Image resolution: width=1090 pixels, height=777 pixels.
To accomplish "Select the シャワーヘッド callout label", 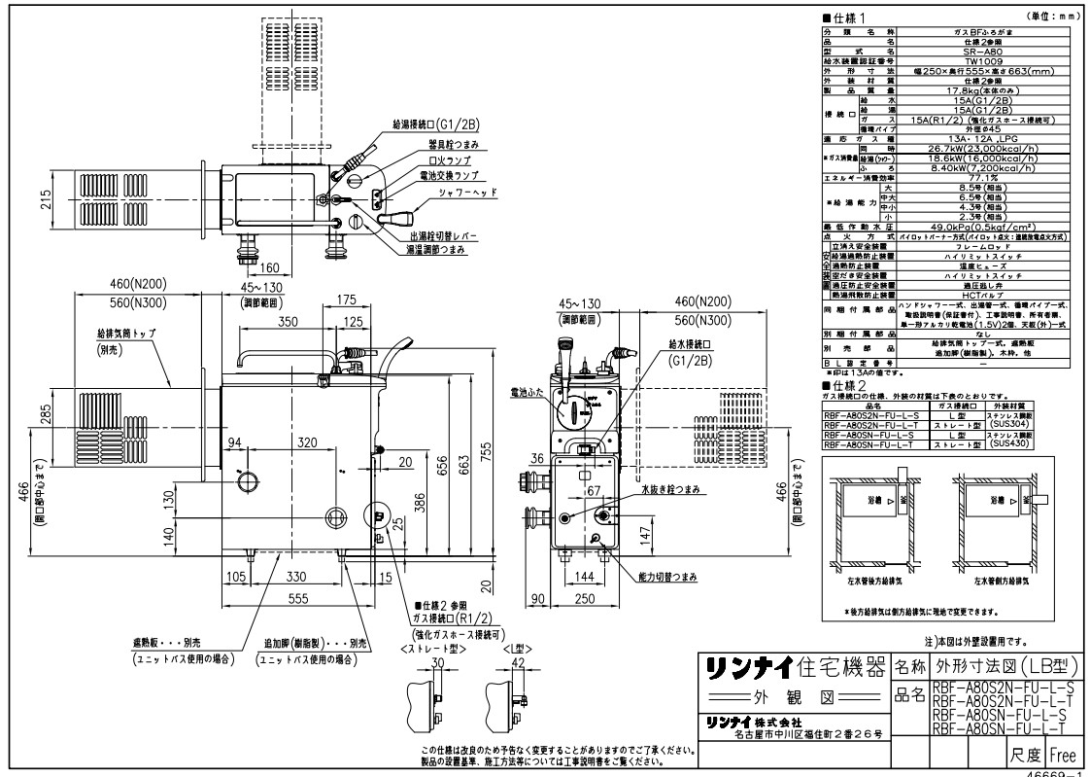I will point(445,194).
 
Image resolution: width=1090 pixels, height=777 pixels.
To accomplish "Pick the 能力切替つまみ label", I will point(667,577).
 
